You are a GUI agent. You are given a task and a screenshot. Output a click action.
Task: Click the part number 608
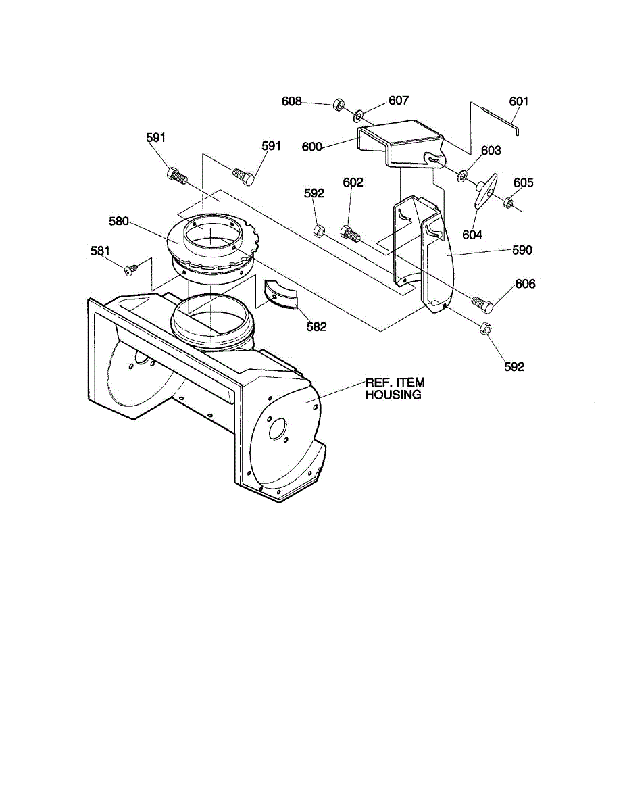291,101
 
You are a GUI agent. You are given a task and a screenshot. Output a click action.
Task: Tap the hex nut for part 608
339,103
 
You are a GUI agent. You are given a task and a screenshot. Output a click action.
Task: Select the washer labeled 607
358,116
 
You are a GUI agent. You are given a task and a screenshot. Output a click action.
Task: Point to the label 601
519,101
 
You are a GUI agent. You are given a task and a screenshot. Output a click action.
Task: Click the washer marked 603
463,176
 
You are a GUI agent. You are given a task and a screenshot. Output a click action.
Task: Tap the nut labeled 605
508,203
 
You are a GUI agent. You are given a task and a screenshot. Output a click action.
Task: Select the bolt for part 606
482,302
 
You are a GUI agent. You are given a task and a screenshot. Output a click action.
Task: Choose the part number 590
522,250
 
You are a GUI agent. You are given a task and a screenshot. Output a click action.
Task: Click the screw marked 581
130,270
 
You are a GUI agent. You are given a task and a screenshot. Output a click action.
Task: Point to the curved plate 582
281,295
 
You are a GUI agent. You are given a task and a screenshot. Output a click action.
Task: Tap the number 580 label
119,221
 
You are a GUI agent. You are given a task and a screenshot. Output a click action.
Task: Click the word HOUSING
393,395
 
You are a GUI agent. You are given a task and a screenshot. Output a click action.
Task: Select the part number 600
311,147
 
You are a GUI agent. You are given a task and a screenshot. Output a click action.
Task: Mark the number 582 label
316,327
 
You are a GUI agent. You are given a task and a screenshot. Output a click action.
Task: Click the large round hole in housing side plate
278,428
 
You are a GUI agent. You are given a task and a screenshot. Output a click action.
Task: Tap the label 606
526,284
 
